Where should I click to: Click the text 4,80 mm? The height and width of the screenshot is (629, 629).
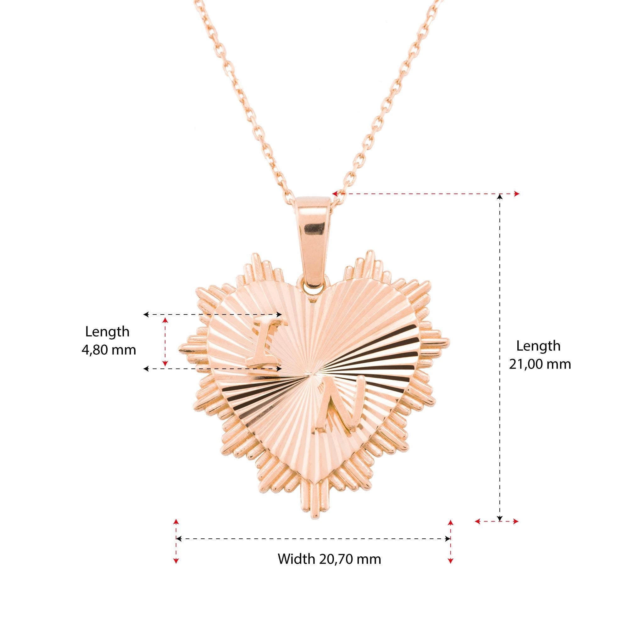109,350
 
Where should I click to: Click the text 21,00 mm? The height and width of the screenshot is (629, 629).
540,364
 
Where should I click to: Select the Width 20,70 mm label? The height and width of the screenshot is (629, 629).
329,559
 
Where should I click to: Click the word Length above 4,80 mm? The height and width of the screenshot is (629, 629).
107,332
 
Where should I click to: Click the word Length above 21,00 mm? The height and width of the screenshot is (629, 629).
538,346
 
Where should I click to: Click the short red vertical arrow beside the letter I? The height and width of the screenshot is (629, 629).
166,342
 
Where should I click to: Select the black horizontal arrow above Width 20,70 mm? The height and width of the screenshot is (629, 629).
313,539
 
